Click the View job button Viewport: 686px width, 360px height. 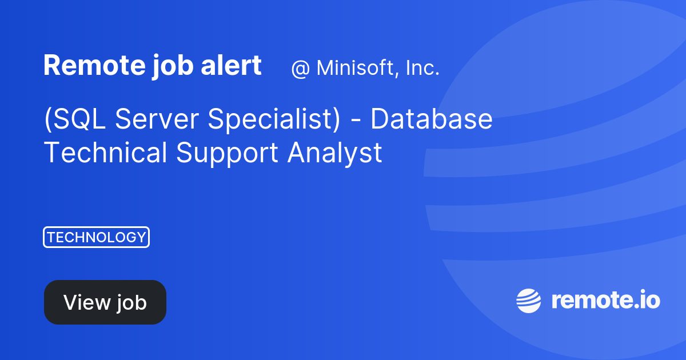click(105, 302)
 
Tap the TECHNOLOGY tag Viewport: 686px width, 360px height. click(96, 237)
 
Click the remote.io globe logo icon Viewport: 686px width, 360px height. click(528, 301)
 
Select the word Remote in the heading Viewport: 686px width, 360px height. click(81, 66)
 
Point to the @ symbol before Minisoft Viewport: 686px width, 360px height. click(300, 69)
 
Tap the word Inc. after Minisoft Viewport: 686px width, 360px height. click(422, 68)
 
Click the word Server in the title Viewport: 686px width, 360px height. click(157, 119)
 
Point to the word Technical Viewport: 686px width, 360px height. click(106, 153)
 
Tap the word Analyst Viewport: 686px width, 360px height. click(334, 153)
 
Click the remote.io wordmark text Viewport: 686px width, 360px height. click(605, 301)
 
